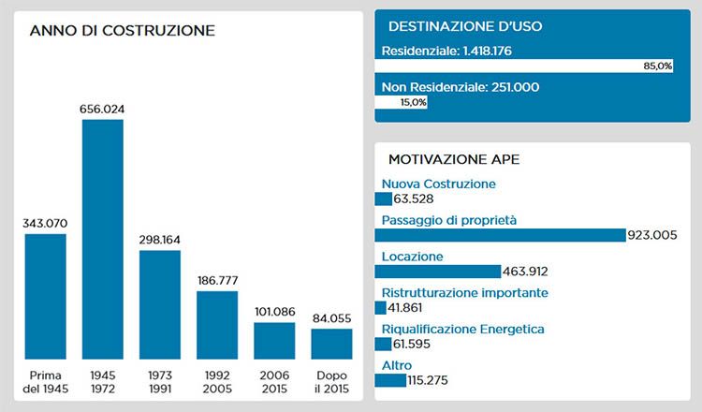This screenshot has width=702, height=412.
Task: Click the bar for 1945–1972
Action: tap(103, 240)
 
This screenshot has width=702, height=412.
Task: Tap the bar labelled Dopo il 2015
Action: tap(331, 344)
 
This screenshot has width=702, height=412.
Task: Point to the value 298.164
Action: tap(160, 241)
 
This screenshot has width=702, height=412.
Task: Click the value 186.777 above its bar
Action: tap(217, 281)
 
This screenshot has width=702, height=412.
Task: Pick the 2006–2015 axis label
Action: tap(274, 381)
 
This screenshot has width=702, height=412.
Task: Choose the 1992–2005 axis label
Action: tap(217, 381)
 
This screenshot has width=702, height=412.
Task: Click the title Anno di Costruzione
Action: tap(123, 31)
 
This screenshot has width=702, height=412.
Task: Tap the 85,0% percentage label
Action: tap(657, 66)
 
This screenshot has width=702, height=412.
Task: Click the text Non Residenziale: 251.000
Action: tap(461, 87)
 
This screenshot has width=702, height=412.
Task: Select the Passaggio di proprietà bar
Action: tap(499, 235)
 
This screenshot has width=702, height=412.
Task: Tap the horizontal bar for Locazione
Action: tap(437, 272)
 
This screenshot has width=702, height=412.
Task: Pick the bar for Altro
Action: tap(389, 380)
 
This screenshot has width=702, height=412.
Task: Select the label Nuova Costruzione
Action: tap(438, 184)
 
